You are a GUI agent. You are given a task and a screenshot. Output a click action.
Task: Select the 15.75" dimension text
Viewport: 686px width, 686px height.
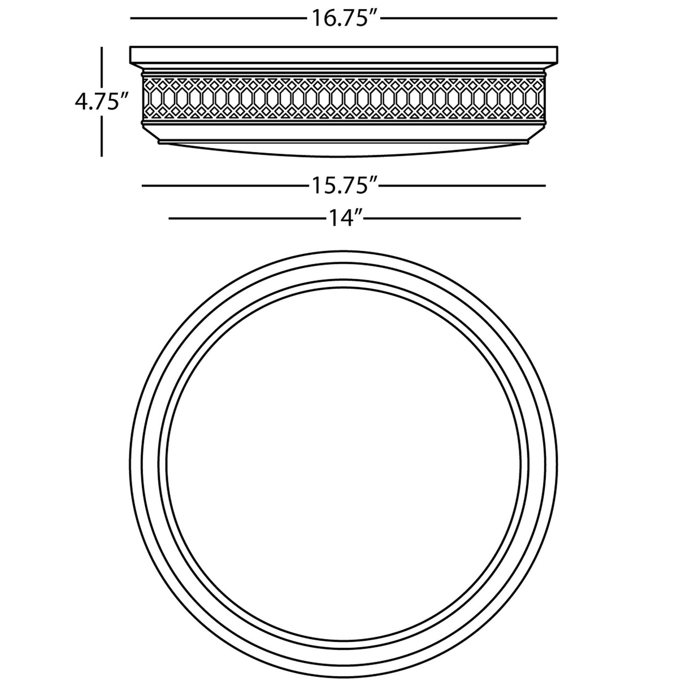[x=344, y=185]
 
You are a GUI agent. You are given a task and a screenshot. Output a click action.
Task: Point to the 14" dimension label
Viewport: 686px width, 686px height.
[x=344, y=218]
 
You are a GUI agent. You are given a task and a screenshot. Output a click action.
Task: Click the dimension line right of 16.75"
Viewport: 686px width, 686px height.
[x=469, y=18]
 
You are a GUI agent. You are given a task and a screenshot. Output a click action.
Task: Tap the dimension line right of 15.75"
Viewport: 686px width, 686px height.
[x=463, y=185]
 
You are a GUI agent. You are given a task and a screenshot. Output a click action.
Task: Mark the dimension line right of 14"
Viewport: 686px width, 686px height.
[x=442, y=218]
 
